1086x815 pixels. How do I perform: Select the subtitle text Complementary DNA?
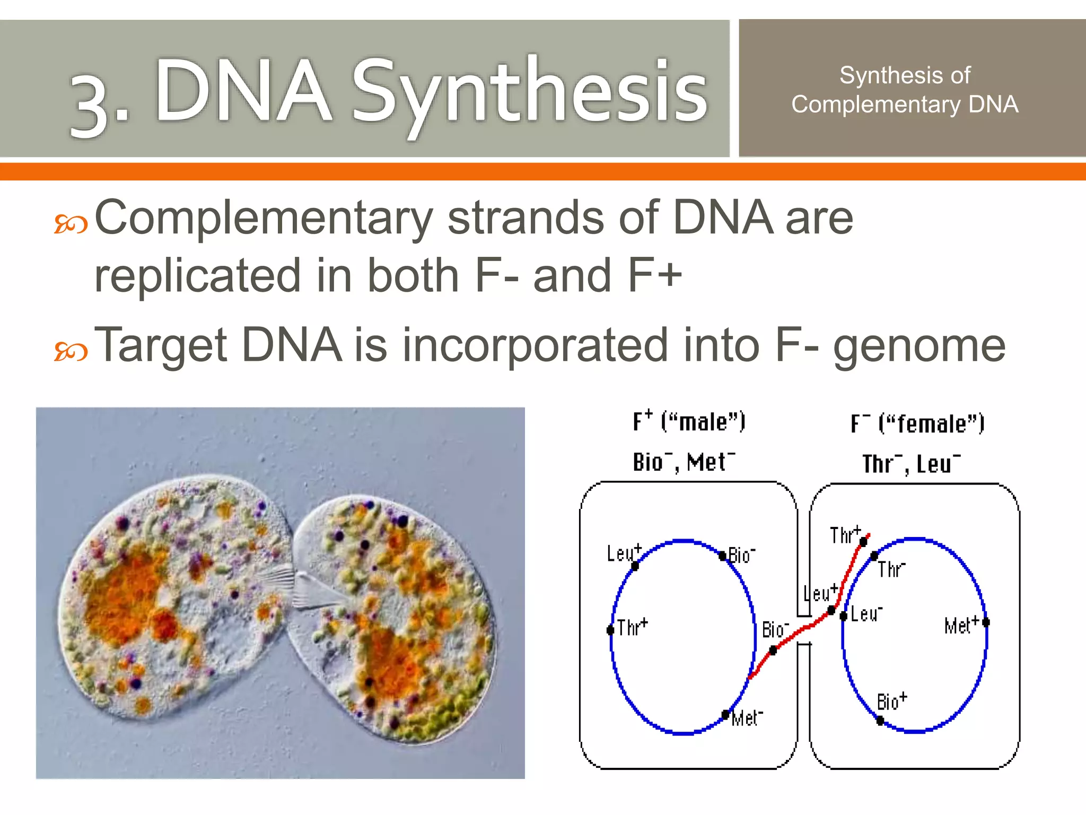click(x=905, y=105)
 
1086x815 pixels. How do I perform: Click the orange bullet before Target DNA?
click(x=71, y=351)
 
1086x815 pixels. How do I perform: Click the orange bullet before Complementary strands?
click(x=71, y=224)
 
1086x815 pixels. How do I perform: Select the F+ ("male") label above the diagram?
click(x=689, y=422)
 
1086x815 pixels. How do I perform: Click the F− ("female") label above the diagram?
click(x=917, y=424)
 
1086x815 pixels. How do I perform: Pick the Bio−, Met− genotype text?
click(x=684, y=462)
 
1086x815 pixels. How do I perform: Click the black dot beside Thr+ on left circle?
click(x=610, y=630)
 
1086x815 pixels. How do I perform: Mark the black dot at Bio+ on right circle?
click(x=880, y=720)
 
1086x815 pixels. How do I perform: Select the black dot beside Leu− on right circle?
click(x=843, y=615)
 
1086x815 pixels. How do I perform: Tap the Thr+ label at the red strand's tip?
click(x=845, y=535)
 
